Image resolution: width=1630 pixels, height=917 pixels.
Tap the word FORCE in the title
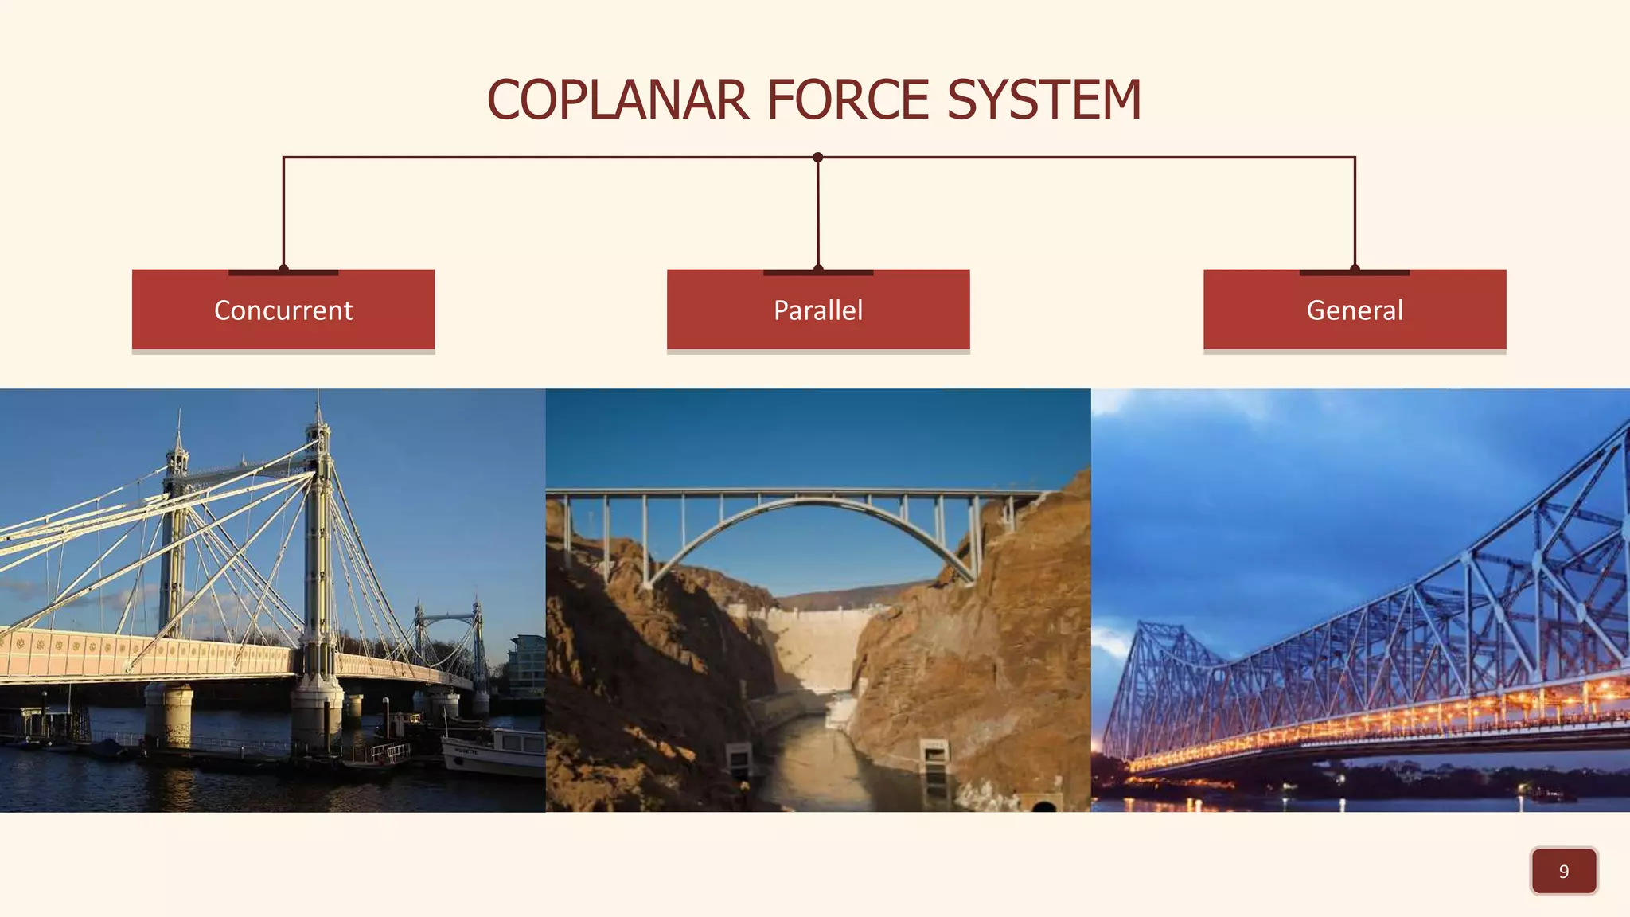[x=848, y=100]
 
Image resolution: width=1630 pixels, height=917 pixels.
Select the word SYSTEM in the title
[x=1044, y=100]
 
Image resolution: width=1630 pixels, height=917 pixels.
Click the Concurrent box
[x=283, y=310]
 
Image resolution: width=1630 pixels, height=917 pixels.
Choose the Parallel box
[x=818, y=310]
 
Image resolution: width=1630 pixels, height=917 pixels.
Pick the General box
[x=1355, y=310]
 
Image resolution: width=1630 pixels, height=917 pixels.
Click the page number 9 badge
[x=1563, y=871]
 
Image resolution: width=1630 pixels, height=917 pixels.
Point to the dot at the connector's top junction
[x=817, y=158]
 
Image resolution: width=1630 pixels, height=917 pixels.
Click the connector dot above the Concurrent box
[x=283, y=269]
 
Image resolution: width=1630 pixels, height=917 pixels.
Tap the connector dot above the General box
[x=1355, y=269]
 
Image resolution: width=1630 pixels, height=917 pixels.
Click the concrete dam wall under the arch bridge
[x=812, y=645]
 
